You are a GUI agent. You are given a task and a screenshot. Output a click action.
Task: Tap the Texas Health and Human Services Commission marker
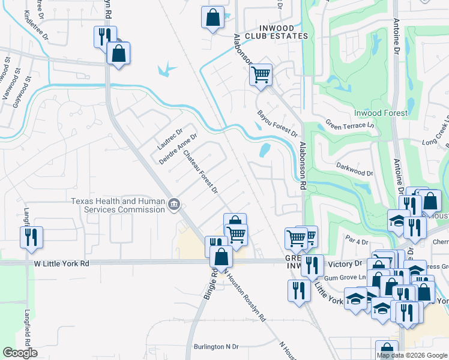[x=173, y=205]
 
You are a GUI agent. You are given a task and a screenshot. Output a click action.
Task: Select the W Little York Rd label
[x=61, y=263]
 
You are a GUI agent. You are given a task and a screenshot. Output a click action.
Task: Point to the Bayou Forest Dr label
[x=277, y=122]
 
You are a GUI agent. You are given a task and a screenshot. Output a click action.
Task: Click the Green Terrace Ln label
[x=350, y=125]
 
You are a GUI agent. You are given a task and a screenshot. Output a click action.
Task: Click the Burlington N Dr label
[x=216, y=347]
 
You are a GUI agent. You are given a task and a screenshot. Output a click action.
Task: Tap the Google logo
[x=20, y=353]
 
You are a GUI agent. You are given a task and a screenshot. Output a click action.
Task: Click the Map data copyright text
[x=412, y=355]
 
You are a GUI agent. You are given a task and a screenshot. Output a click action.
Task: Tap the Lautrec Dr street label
[x=169, y=139]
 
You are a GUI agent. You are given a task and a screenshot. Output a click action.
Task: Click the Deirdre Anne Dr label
[x=178, y=149]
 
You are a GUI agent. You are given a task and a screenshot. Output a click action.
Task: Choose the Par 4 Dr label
[x=357, y=242]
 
